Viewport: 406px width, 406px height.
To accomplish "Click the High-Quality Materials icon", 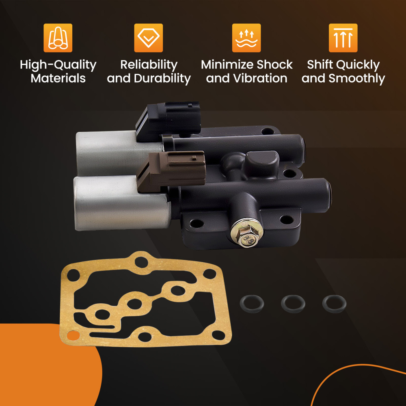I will tap(58, 38).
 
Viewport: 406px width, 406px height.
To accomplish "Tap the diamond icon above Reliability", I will tap(149, 38).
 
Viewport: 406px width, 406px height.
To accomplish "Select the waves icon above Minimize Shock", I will tap(246, 38).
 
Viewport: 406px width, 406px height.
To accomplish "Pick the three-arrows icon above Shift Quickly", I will tap(343, 38).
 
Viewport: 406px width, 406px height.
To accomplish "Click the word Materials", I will tap(58, 78).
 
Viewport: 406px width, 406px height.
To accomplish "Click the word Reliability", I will tap(149, 65).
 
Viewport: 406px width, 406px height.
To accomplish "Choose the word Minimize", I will tap(227, 65).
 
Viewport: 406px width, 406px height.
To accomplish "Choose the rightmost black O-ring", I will tap(334, 303).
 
